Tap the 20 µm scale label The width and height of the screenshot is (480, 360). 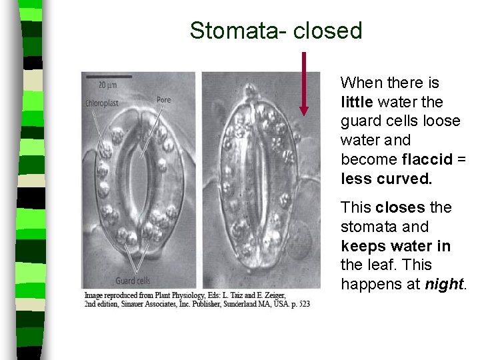(x=107, y=85)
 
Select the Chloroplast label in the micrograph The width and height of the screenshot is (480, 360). (x=102, y=103)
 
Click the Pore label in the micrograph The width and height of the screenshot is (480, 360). (x=163, y=100)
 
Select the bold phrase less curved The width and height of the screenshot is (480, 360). (x=386, y=179)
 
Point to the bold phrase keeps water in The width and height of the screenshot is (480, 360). (x=395, y=246)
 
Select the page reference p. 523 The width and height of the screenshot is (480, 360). (x=299, y=304)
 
